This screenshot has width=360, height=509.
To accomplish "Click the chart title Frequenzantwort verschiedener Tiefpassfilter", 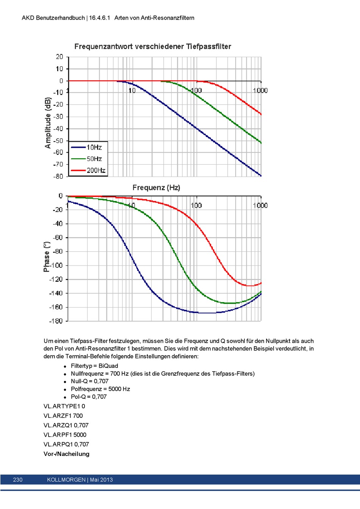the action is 153,47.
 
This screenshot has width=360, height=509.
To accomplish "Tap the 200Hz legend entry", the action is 88,170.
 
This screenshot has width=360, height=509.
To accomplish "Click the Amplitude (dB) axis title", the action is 48,123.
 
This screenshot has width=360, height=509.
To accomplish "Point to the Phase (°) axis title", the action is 46,257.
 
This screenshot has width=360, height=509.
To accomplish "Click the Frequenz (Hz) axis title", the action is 156,188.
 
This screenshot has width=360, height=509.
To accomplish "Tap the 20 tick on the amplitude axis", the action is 59,57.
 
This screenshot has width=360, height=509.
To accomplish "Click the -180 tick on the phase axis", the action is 56,321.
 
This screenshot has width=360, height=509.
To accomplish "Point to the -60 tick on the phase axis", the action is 58,238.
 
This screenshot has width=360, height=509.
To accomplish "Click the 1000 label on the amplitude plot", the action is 260,91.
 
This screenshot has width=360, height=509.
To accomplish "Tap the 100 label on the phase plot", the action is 196,206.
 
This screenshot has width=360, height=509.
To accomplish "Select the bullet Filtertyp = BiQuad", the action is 94,366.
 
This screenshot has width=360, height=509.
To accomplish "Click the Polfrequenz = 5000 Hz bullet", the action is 100,389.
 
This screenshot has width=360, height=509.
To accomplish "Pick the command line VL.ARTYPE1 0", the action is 64,406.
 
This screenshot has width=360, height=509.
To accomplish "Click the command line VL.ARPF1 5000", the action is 65,435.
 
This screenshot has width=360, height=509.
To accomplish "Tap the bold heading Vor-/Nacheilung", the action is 66,454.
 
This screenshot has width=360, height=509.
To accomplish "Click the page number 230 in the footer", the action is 18,480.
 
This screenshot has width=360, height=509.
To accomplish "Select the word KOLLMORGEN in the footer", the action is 66,480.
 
